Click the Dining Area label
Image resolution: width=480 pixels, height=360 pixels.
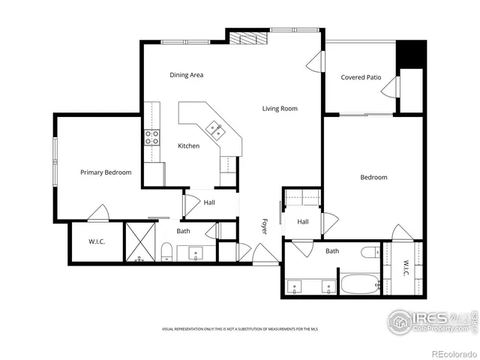(186, 75)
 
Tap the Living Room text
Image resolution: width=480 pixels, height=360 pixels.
(280, 109)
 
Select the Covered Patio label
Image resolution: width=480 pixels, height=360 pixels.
(361, 77)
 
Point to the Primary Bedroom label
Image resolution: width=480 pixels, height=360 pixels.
(106, 172)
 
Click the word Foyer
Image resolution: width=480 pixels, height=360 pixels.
(264, 226)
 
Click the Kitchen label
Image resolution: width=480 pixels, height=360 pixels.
(188, 145)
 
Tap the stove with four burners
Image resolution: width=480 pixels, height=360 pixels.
(152, 136)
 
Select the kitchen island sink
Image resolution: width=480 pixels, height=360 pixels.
(214, 130)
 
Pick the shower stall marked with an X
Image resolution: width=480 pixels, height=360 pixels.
(139, 241)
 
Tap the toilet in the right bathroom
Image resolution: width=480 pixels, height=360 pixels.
(370, 252)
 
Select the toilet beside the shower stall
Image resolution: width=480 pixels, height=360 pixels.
(166, 251)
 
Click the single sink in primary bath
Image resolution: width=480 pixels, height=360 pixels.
(196, 253)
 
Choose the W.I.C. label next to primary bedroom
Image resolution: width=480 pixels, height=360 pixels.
(96, 241)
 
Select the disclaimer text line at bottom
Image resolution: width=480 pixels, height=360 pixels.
(239, 329)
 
